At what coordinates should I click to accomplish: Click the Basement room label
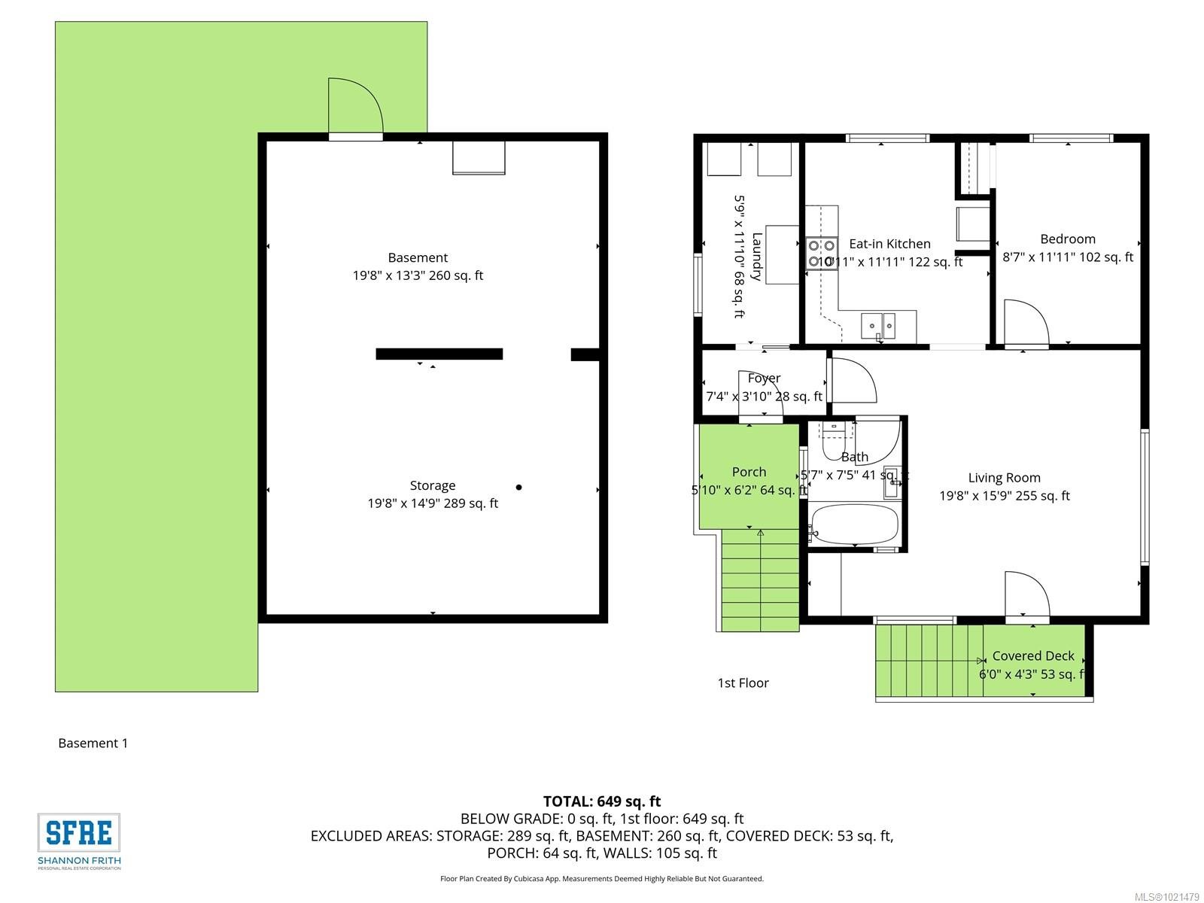[x=418, y=257]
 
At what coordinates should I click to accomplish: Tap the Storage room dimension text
[x=433, y=503]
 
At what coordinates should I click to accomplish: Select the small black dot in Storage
[x=518, y=488]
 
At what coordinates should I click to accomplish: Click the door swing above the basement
[x=355, y=108]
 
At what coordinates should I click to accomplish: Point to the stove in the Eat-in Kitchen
[x=821, y=254]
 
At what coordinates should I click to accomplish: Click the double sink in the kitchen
[x=878, y=326]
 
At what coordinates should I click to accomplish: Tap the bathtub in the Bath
[x=855, y=524]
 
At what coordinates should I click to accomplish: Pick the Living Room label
[x=1004, y=478]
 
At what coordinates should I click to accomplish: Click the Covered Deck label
[x=1032, y=656]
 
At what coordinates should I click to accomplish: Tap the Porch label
[x=749, y=472]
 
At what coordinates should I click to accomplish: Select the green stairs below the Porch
[x=760, y=579]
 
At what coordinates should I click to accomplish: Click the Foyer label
[x=764, y=378]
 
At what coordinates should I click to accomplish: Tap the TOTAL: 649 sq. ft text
[x=602, y=801]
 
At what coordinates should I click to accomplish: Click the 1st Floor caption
[x=743, y=683]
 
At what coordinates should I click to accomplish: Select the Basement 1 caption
[x=93, y=743]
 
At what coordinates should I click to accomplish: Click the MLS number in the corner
[x=1166, y=897]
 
